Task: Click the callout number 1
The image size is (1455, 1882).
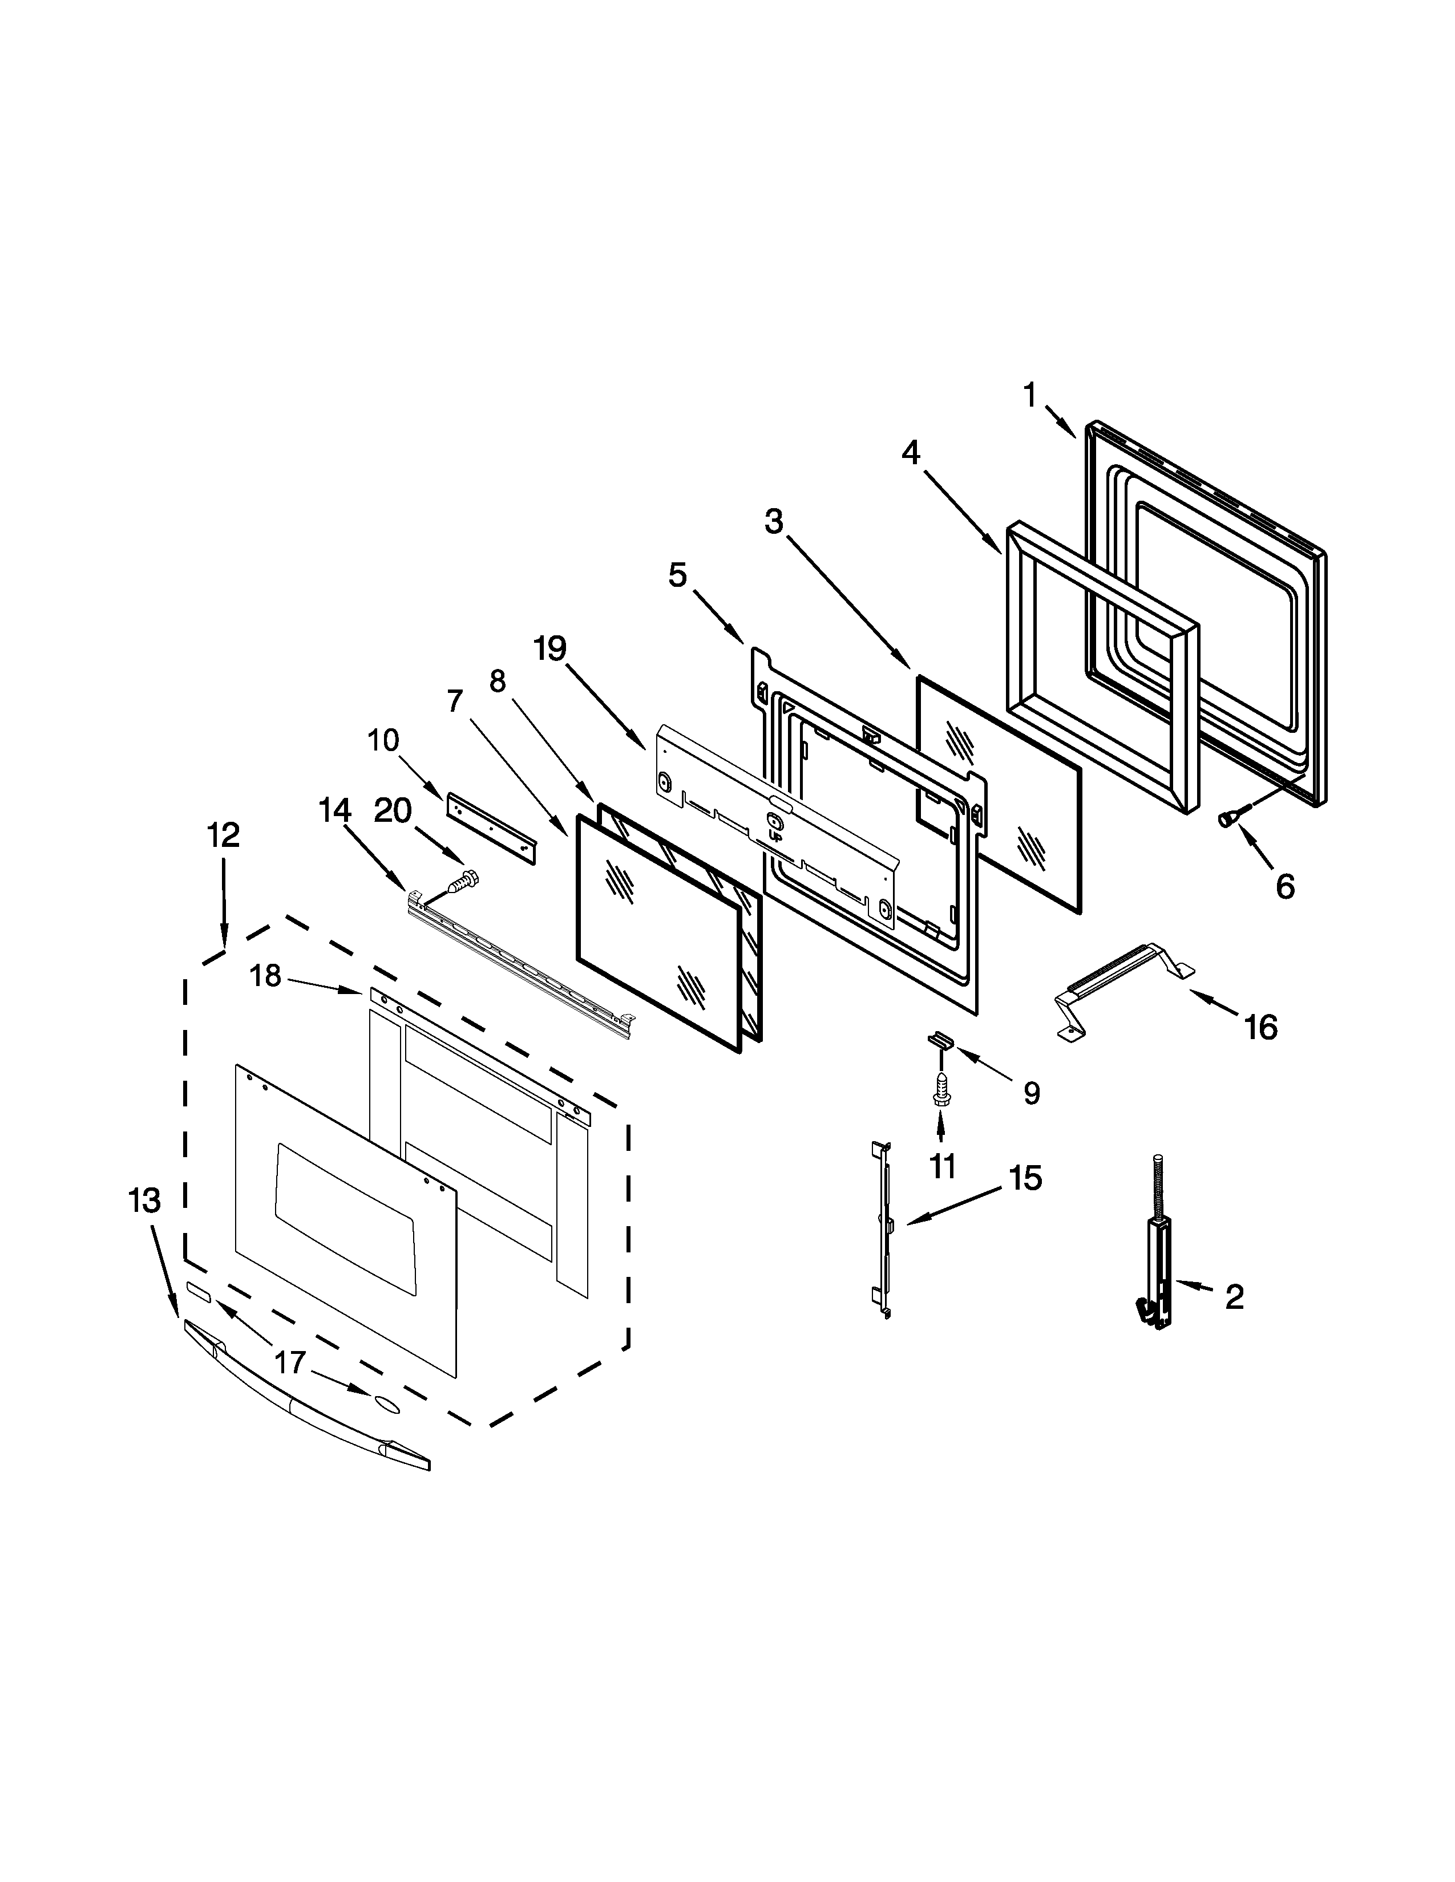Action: (x=1029, y=396)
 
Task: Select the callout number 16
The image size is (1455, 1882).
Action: (x=1261, y=1027)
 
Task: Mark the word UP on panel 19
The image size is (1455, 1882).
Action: (x=774, y=835)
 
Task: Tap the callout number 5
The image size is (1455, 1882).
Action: (x=677, y=575)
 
